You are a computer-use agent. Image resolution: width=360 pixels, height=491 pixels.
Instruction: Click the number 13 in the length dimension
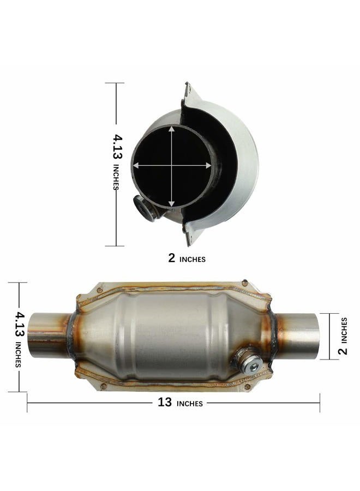click(x=164, y=403)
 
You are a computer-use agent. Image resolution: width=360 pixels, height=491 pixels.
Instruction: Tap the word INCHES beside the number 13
click(x=190, y=404)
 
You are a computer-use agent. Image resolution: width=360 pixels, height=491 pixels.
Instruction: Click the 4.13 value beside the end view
click(x=118, y=147)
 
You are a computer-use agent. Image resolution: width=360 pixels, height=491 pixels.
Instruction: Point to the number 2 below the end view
click(x=172, y=259)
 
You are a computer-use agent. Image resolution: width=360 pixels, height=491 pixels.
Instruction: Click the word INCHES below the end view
click(x=193, y=260)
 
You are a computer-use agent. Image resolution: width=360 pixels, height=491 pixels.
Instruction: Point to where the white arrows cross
click(x=172, y=165)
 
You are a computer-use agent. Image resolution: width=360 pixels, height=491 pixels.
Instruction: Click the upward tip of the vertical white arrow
click(x=172, y=128)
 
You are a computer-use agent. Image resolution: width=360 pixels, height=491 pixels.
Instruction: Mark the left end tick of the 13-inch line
click(x=27, y=403)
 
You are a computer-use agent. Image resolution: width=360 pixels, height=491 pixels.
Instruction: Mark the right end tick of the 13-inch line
click(x=320, y=403)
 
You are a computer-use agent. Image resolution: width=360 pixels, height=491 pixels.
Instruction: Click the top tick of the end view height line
click(x=116, y=83)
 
